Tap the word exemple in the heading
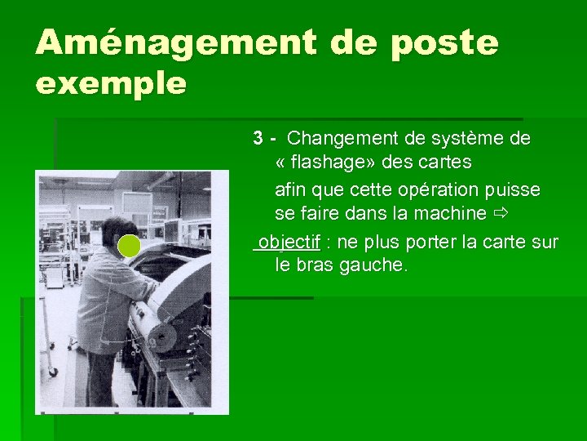pos(111,82)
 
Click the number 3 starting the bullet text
pos(258,138)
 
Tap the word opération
pos(430,189)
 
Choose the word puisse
pos(513,189)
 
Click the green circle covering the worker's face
pos(129,245)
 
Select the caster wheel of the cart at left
pos(53,372)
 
